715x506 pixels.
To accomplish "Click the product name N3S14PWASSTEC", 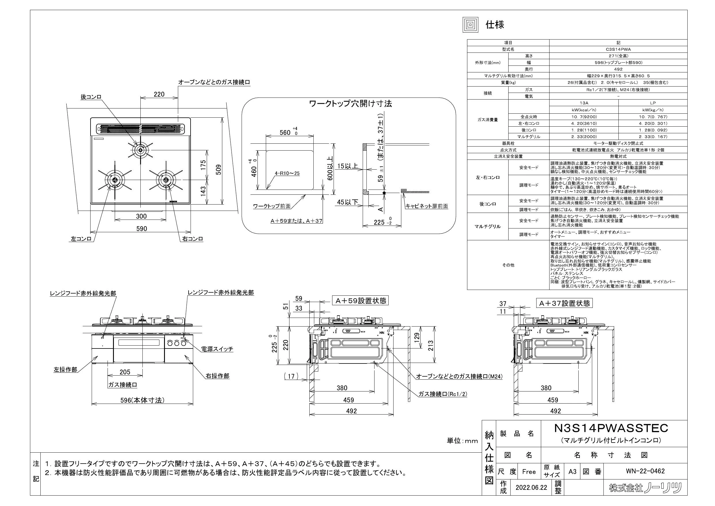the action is pyautogui.click(x=611, y=428).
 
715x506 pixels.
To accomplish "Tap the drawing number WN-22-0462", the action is pyautogui.click(x=645, y=471).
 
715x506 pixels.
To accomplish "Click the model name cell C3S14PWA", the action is pyautogui.click(x=618, y=49).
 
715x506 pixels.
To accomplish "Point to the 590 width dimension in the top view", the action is pyautogui.click(x=141, y=228).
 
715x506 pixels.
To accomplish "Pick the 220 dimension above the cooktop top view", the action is pyautogui.click(x=159, y=94).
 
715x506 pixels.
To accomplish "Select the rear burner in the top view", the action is pyautogui.click(x=141, y=151).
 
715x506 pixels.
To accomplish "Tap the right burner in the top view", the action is pyautogui.click(x=166, y=180).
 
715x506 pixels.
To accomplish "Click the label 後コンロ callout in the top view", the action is pyautogui.click(x=91, y=97).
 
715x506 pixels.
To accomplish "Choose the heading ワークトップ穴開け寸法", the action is pyautogui.click(x=350, y=104).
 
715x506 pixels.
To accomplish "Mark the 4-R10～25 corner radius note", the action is pyautogui.click(x=287, y=173).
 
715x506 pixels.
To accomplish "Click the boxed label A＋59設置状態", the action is pyautogui.click(x=361, y=300).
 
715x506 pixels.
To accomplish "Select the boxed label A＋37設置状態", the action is pyautogui.click(x=564, y=303).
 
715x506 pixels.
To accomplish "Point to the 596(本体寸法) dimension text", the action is pyautogui.click(x=142, y=400).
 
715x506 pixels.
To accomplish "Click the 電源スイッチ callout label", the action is pyautogui.click(x=217, y=349).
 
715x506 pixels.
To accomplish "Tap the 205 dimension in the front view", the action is pyautogui.click(x=125, y=372).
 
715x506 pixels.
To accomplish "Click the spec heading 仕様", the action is pyautogui.click(x=495, y=25).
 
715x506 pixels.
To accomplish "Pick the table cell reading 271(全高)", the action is pyautogui.click(x=618, y=56).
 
